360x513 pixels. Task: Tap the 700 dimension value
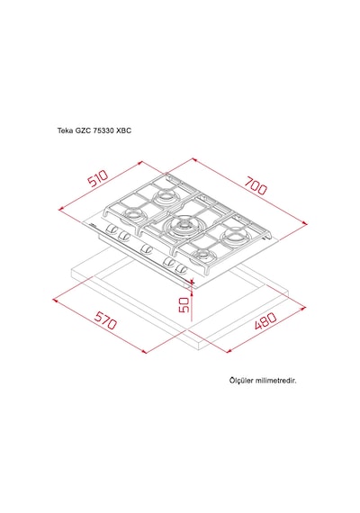point(256,185)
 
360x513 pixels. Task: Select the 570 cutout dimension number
point(105,320)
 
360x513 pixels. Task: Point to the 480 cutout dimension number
point(265,320)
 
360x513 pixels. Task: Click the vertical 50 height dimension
point(184,304)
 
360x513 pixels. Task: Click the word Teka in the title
point(65,130)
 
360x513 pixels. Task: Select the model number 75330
point(103,130)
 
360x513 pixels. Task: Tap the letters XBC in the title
point(123,130)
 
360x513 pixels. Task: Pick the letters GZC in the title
point(83,130)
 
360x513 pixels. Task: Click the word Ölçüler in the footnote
point(241,381)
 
